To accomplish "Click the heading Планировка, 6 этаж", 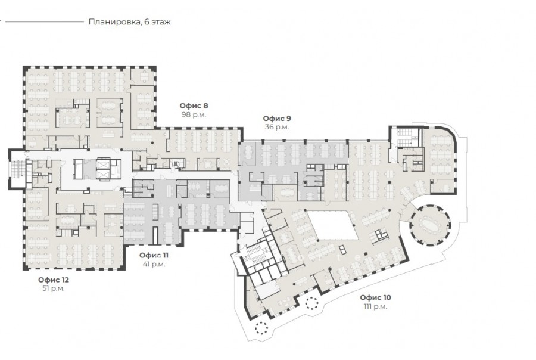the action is tap(130, 22).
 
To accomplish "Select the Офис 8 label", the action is tap(194, 105).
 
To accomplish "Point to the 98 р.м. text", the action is tap(194, 114).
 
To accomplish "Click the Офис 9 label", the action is tap(277, 119).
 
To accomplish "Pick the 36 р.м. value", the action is tap(277, 127).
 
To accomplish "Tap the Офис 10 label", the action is tap(376, 297).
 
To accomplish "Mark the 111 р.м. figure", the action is tap(376, 306).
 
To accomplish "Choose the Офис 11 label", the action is tap(154, 255).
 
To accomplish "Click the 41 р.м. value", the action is tap(154, 264).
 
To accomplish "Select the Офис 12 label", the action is tap(54, 280).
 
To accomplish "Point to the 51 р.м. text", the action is tap(54, 288).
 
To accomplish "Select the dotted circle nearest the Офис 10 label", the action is tap(311, 303).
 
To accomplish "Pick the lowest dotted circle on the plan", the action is tap(262, 328).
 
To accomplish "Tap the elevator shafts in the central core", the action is tap(103, 169).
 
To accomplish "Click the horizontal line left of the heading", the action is tap(45, 21).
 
